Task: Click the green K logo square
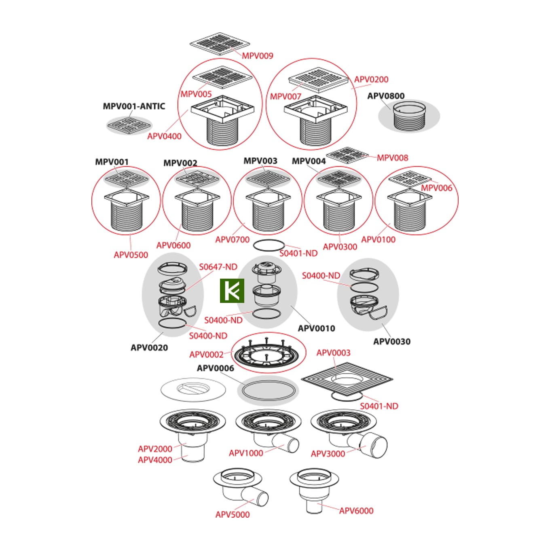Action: (x=232, y=291)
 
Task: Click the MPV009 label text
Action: (x=258, y=56)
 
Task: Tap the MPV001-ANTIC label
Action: (x=134, y=106)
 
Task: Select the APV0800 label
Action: (x=386, y=96)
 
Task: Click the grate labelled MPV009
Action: (x=220, y=44)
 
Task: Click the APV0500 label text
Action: (x=131, y=255)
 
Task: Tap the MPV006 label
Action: (x=436, y=188)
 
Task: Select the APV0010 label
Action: (x=316, y=328)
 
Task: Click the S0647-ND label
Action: (x=218, y=267)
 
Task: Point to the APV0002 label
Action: (x=206, y=355)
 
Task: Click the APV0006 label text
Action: (x=215, y=368)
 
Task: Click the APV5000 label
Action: (x=233, y=514)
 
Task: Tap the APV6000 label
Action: (x=356, y=511)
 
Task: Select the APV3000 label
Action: (x=328, y=454)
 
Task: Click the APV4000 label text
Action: (x=155, y=460)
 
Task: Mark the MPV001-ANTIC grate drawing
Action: (x=129, y=125)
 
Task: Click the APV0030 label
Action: (x=391, y=342)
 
